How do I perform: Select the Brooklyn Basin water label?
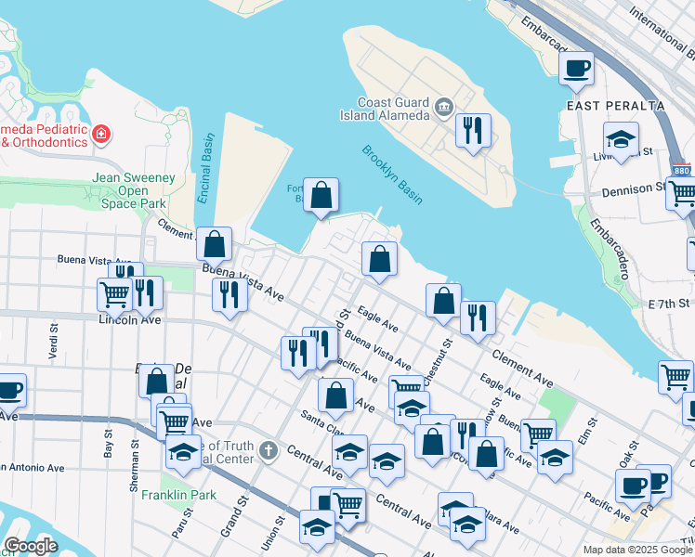pos(392,175)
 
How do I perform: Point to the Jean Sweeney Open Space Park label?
pos(132,189)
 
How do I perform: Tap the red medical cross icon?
pos(100,136)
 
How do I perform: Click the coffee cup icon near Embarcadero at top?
pos(576,67)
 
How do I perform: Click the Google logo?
pos(31,546)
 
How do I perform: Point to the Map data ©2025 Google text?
pos(637,550)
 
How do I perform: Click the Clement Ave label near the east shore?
pos(523,369)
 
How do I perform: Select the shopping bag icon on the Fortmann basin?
pos(321,195)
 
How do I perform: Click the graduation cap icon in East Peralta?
pos(620,139)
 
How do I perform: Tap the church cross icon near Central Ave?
pos(269,451)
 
